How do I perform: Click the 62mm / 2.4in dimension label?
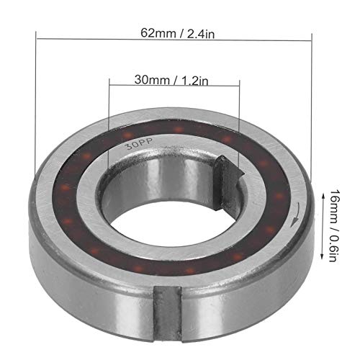177,33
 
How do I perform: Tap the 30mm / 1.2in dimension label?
171,80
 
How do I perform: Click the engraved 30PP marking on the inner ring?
140,143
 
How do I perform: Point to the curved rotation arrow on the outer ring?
297,215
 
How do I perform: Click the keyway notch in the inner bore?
228,182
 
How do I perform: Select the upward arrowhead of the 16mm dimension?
323,196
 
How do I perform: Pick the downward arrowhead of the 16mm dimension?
322,257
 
